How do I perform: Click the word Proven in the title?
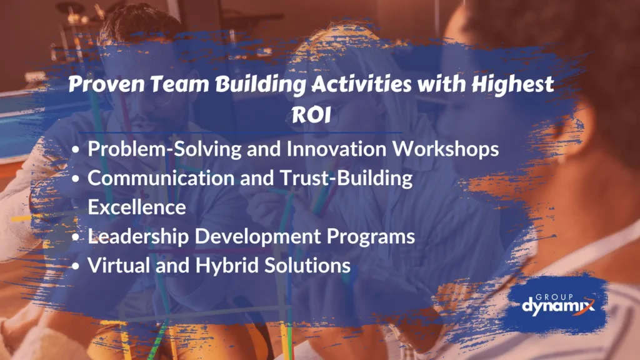[106, 84]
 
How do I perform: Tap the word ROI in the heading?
[311, 115]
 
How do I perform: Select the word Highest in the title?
[512, 85]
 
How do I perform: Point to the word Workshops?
[445, 149]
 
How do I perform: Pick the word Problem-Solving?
[164, 149]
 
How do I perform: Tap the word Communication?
[161, 178]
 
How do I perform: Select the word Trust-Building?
[346, 179]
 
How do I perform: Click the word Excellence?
[137, 207]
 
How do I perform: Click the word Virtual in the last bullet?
[118, 265]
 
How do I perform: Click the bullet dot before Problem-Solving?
[76, 150]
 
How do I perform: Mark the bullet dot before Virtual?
[76, 266]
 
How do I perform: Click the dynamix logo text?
[558, 306]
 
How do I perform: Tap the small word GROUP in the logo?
[554, 297]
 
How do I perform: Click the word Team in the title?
[179, 84]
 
